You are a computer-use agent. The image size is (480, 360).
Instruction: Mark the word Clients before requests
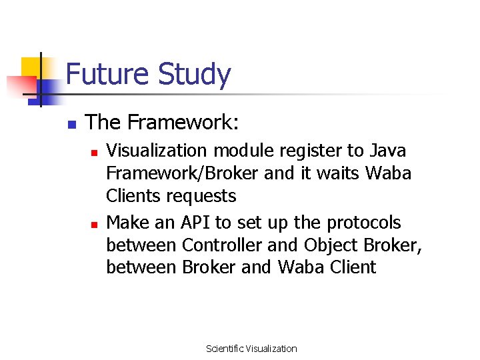[134, 196]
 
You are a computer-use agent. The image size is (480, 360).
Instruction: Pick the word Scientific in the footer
[225, 349]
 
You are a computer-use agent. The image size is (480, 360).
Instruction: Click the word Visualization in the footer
[271, 349]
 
